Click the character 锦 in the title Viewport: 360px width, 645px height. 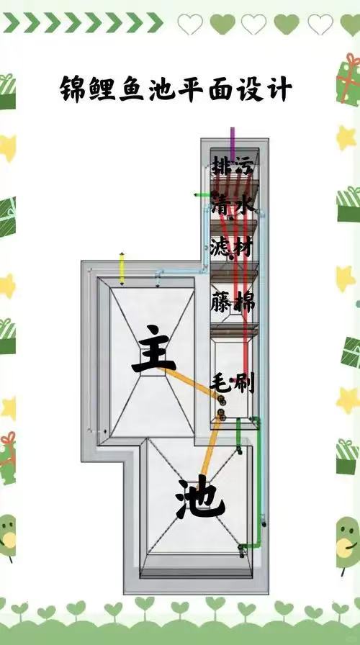pos(73,89)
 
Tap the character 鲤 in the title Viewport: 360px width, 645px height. pos(102,89)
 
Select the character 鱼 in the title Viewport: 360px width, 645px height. pos(131,89)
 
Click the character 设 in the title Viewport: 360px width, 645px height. pos(250,89)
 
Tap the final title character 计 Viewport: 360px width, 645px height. pos(279,89)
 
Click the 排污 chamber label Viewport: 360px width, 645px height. pos(233,166)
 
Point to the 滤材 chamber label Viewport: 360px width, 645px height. pos(231,247)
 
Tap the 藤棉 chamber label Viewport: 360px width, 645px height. pos(233,302)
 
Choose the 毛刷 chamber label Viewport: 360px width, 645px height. pos(233,384)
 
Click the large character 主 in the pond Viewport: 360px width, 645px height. pos(153,349)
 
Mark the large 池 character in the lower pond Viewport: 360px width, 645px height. pos(200,496)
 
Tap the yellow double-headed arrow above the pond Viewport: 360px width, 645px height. pos(122,269)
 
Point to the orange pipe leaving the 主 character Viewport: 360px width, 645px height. pos(191,384)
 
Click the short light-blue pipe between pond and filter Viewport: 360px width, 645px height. pos(181,271)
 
